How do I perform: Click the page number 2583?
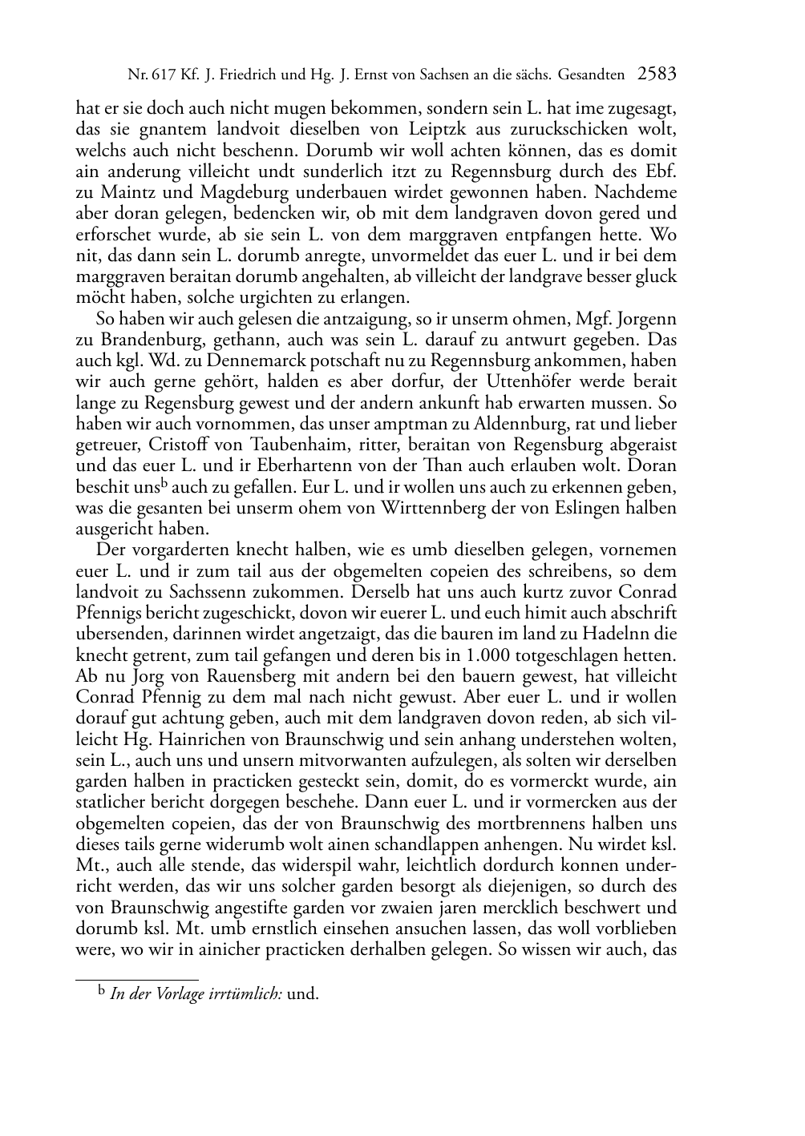657,75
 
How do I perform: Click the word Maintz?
120,193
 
